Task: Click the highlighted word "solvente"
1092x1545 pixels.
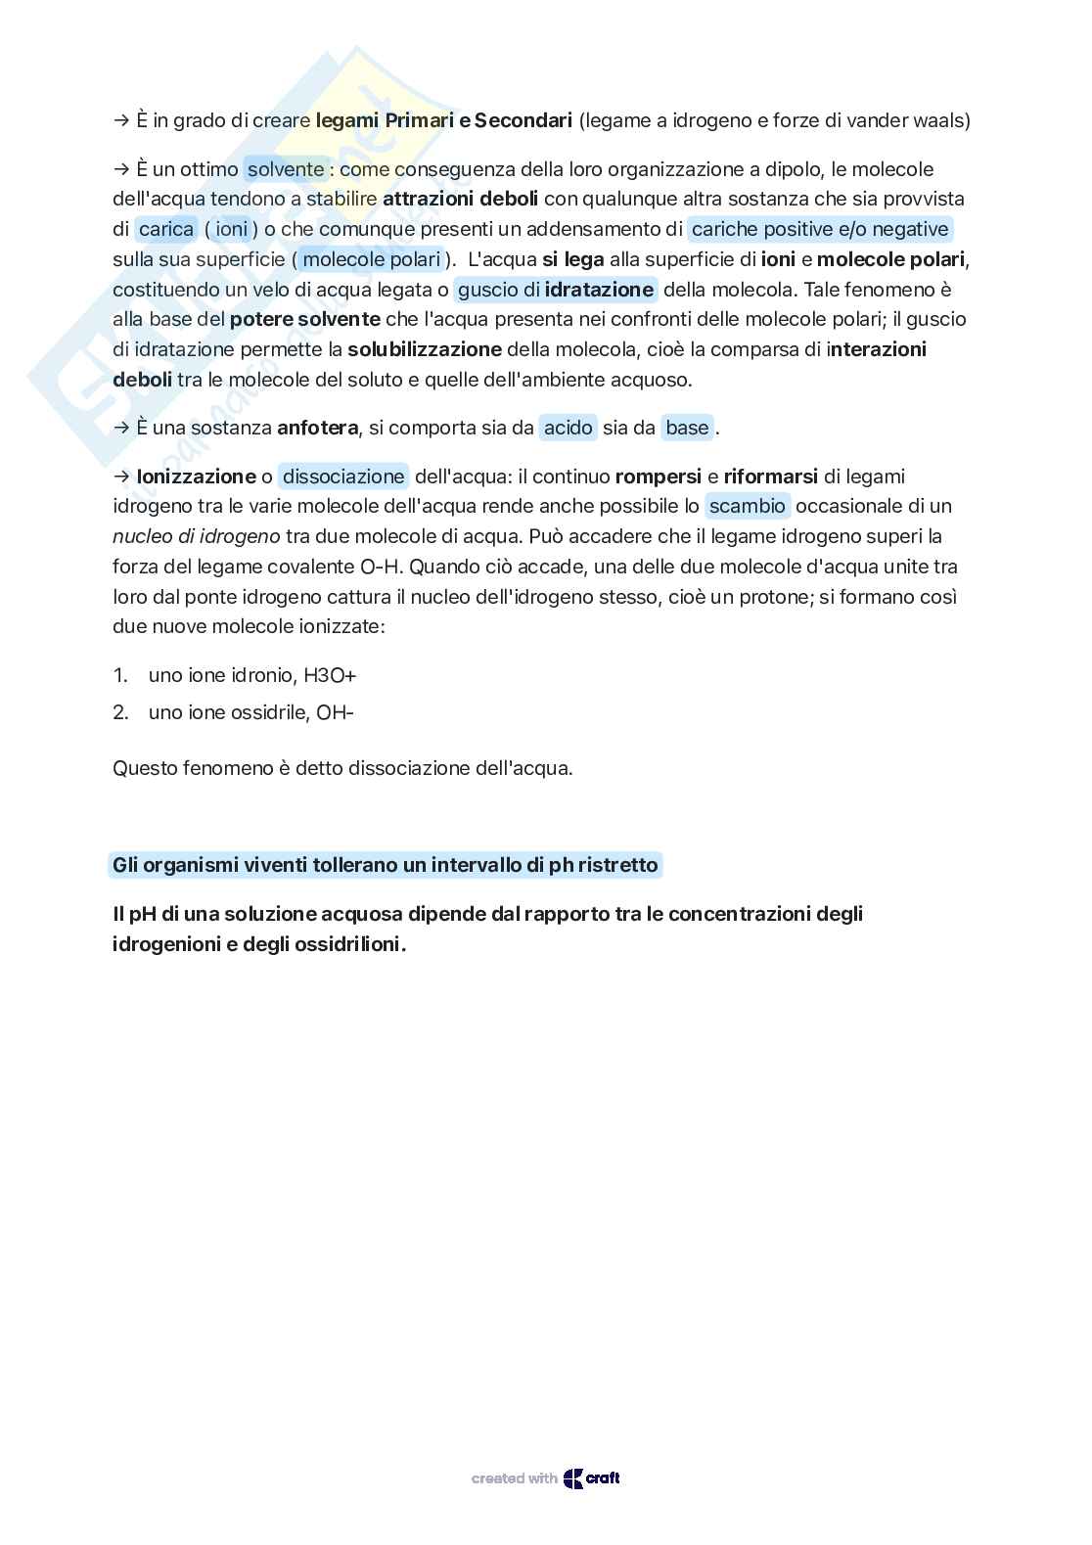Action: [285, 169]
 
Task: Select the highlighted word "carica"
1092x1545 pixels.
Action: [166, 229]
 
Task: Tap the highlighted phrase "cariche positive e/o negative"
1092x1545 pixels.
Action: [820, 229]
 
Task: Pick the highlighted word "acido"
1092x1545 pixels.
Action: [569, 428]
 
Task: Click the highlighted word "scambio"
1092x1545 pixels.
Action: [748, 506]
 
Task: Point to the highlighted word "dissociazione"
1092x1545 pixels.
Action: [343, 477]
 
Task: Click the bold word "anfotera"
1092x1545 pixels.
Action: [317, 428]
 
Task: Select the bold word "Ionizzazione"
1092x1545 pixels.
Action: [196, 477]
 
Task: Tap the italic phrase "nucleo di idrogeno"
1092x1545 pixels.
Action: [197, 536]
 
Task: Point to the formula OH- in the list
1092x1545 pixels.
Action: [335, 712]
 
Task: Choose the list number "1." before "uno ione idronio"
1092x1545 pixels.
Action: [120, 675]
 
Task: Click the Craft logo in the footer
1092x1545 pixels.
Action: [592, 1478]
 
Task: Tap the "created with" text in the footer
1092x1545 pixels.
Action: [514, 1478]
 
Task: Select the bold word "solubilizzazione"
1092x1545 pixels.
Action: [425, 349]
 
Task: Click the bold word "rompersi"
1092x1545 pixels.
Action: [658, 477]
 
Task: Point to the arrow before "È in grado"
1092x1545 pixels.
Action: [121, 120]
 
